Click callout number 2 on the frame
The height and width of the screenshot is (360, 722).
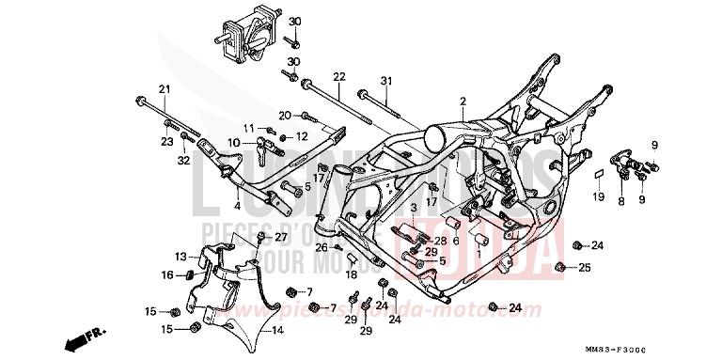point(463,101)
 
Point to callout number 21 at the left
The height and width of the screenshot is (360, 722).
point(165,89)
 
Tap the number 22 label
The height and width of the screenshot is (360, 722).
point(339,76)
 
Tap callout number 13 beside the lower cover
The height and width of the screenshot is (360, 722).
point(180,256)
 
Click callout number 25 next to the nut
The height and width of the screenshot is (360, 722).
point(583,269)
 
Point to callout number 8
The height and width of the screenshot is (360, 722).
point(620,200)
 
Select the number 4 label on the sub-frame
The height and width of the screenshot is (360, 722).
point(238,205)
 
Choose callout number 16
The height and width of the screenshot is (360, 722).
point(165,275)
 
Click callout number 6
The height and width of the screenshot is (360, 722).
point(456,241)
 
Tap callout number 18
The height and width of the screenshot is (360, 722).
point(351,274)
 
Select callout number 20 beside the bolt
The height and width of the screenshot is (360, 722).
point(285,115)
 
